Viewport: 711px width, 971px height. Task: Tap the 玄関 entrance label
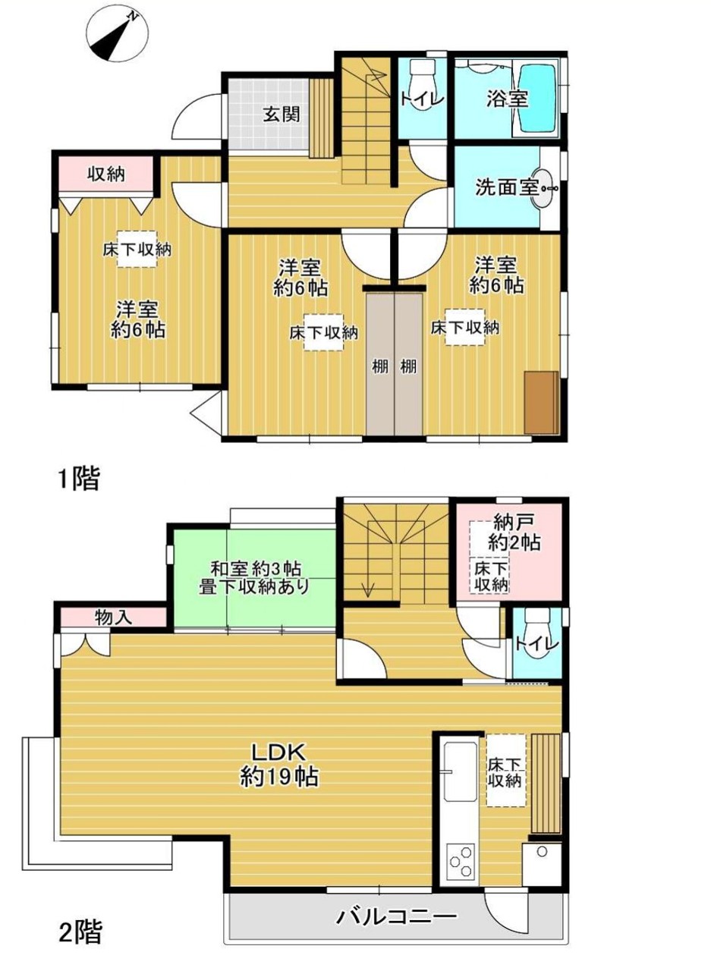pos(282,115)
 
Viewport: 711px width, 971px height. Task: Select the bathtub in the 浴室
pos(537,99)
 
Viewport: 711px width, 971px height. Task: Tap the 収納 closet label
pos(106,174)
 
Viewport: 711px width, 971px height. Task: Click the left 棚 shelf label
pos(380,366)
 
